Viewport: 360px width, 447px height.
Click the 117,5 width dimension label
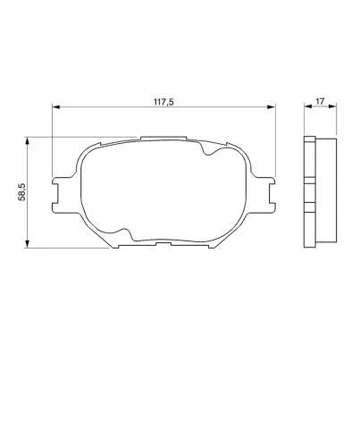coord(163,102)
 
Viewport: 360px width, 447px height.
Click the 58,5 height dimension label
coord(22,192)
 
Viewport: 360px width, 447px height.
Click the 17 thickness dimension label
coord(320,101)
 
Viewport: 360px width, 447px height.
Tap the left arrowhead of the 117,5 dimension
coord(56,106)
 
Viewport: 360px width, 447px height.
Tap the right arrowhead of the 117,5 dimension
coord(272,106)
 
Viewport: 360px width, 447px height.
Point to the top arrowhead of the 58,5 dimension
coord(27,141)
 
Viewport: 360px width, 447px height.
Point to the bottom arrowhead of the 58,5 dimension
coord(27,244)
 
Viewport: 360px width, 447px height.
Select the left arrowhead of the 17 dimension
coord(308,106)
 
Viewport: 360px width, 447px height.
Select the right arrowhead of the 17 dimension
coord(332,106)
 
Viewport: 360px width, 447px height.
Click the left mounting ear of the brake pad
coord(62,195)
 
